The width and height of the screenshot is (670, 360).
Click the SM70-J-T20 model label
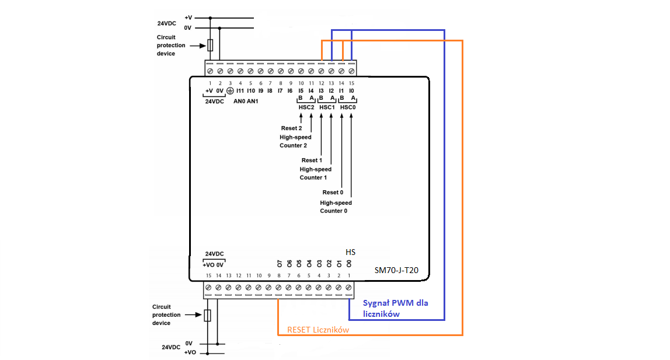(x=396, y=270)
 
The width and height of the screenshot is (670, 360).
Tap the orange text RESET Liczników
(x=318, y=330)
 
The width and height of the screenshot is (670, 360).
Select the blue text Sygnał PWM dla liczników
(x=395, y=308)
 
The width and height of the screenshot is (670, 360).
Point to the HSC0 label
(x=348, y=107)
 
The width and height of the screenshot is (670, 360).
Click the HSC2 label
(x=306, y=107)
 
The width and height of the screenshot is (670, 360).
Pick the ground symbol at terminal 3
(x=230, y=90)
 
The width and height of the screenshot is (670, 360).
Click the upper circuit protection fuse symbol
(x=210, y=45)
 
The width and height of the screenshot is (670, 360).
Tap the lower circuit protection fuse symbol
(x=207, y=315)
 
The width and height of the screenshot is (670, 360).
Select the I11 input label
(x=240, y=90)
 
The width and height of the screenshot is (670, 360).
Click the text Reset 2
(x=291, y=128)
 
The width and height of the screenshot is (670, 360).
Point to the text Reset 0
(x=333, y=192)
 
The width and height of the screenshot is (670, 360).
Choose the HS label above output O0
(x=350, y=252)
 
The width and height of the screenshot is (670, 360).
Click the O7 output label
(x=280, y=264)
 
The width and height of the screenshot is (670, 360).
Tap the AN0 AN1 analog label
(x=246, y=101)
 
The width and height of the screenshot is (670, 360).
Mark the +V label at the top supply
(x=189, y=18)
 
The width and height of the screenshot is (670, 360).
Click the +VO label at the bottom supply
(x=190, y=352)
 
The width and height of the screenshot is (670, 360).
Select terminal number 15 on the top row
(x=352, y=83)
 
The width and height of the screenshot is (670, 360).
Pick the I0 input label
(x=352, y=90)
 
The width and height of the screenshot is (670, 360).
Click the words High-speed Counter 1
(x=315, y=173)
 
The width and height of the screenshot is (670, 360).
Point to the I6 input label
(x=290, y=90)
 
